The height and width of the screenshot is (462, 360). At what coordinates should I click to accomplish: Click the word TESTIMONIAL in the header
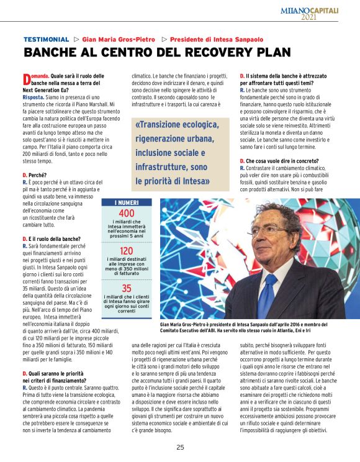coord(45,39)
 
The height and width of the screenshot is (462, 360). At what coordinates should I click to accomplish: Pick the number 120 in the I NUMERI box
coord(126,251)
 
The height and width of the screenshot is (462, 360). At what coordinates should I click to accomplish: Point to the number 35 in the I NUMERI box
coord(126,288)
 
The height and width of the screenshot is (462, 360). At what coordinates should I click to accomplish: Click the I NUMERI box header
coord(126,202)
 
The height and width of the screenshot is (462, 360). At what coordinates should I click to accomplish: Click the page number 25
coord(180,447)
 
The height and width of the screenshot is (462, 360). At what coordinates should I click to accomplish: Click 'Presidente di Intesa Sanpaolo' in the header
coord(217,39)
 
